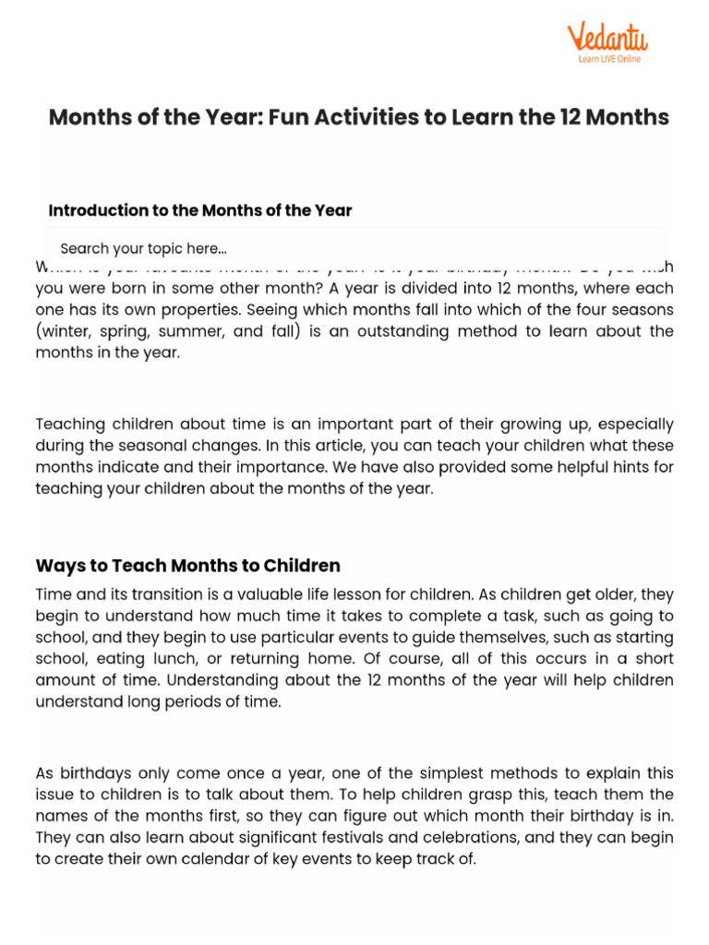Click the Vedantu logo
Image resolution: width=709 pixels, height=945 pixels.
607,39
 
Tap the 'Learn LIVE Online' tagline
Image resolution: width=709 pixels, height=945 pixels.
608,60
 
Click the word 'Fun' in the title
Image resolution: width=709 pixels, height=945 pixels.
289,117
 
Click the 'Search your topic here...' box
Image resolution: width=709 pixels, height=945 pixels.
355,248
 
